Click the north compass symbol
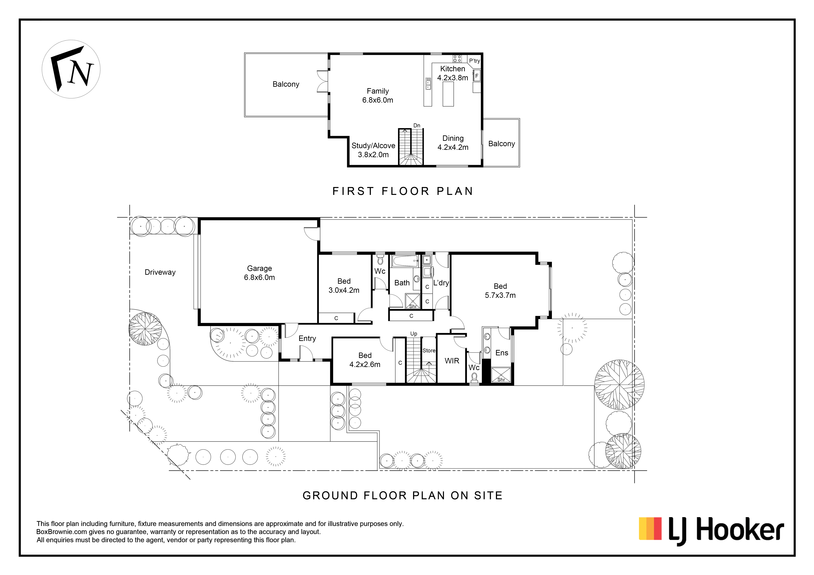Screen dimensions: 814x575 pyautogui.click(x=71, y=69)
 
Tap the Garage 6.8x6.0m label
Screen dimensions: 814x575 pyautogui.click(x=260, y=273)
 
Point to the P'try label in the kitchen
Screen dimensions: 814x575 pyautogui.click(x=474, y=61)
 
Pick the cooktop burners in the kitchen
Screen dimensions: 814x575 pyautogui.click(x=457, y=59)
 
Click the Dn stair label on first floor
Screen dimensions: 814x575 pyautogui.click(x=417, y=125)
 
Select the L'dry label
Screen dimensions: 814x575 pyautogui.click(x=441, y=283)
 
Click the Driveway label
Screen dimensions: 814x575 pyautogui.click(x=160, y=272)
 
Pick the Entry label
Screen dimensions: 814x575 pyautogui.click(x=307, y=338)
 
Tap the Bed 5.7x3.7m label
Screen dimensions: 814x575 pyautogui.click(x=500, y=290)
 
